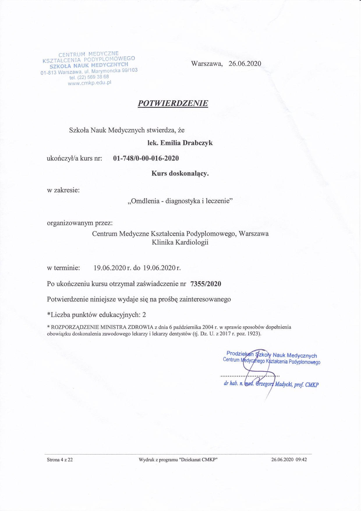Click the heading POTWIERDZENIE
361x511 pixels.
(x=173, y=103)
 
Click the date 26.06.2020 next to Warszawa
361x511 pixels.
(x=245, y=64)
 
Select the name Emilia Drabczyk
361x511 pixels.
(x=186, y=143)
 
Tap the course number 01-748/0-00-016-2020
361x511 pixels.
(x=146, y=158)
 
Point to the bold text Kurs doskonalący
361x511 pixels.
(x=180, y=173)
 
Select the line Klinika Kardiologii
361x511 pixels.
(x=180, y=242)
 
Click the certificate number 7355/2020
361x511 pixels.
(x=206, y=284)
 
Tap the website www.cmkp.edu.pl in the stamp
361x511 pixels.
(x=90, y=83)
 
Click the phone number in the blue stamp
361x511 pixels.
(x=89, y=77)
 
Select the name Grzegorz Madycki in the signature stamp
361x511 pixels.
(x=274, y=384)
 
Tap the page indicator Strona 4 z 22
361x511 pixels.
(x=60, y=460)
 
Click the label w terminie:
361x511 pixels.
(x=63, y=268)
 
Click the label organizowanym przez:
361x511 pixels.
(x=80, y=223)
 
